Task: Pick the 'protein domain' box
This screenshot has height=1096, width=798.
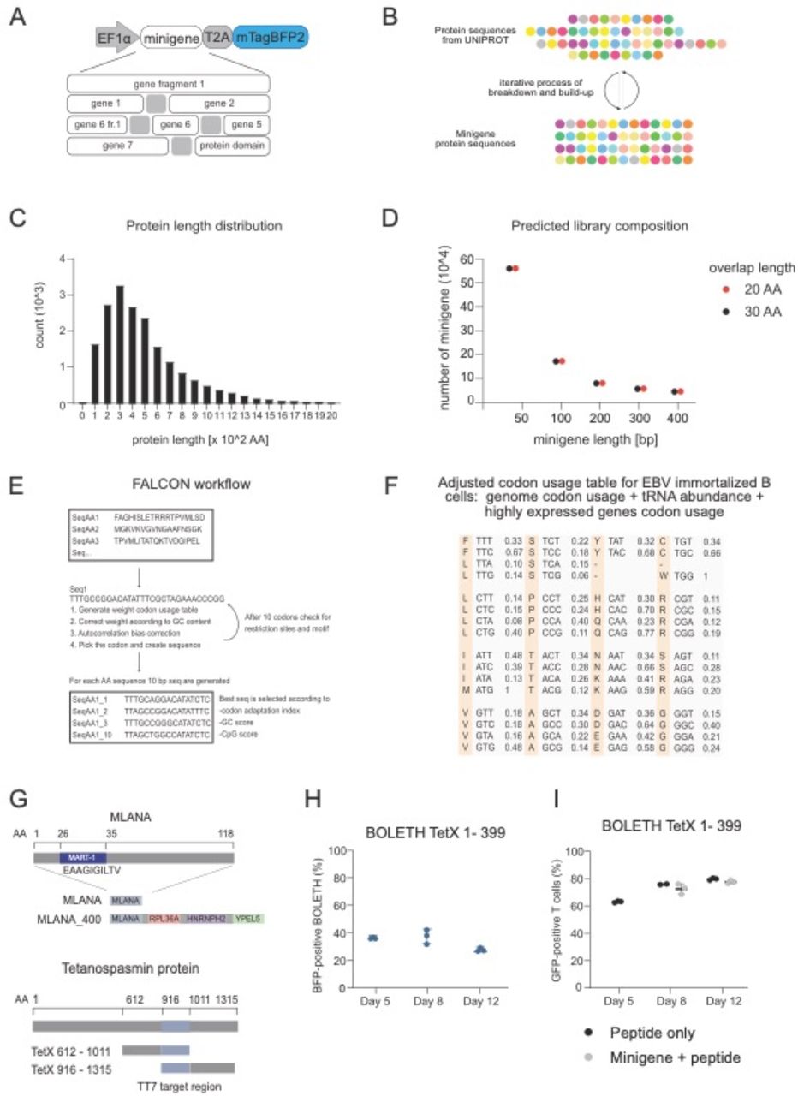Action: pyautogui.click(x=233, y=146)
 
